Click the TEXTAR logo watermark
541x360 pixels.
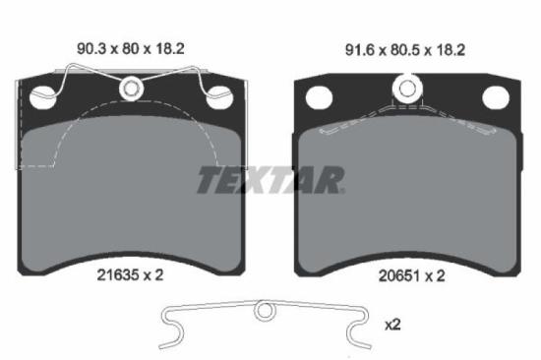point(270,180)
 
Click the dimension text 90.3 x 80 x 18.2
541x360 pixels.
point(133,45)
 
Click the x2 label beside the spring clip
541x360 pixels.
point(392,323)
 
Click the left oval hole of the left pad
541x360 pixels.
point(41,97)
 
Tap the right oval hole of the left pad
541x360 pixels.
point(220,97)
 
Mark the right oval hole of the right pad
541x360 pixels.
point(495,97)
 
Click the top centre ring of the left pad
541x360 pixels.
point(131,90)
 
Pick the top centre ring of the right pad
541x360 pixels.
point(406,90)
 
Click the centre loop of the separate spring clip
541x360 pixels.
point(264,313)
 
